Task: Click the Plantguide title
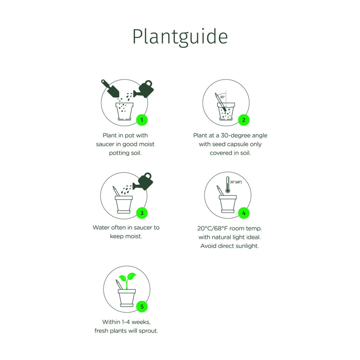pos(180,37)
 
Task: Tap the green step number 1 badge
pos(142,120)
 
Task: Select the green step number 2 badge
pos(244,120)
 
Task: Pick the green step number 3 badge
pos(142,213)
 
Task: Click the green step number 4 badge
pos(244,213)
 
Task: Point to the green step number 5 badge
pos(142,307)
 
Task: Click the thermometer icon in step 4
pos(228,184)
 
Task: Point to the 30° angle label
pos(222,97)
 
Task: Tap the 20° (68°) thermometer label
pos(236,182)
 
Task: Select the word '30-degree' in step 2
pos(235,135)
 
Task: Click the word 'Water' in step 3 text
pos(101,227)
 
